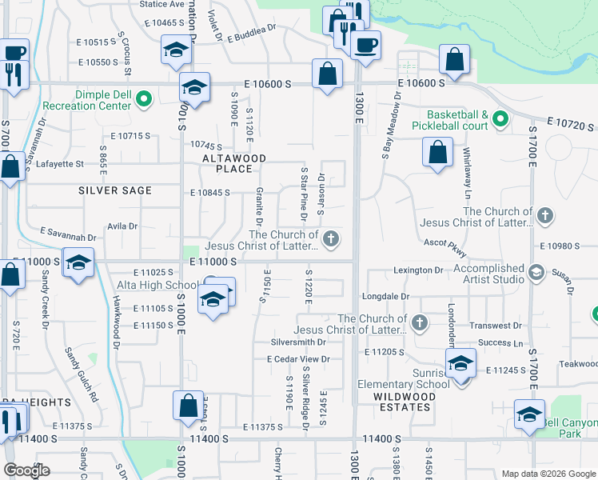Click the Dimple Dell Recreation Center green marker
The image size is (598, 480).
[x=144, y=100]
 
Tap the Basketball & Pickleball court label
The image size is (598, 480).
[x=450, y=120]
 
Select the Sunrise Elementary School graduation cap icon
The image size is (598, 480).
[x=460, y=365]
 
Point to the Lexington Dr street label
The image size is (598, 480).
[x=417, y=270]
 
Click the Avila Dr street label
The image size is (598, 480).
[x=122, y=226]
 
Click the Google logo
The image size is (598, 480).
[x=26, y=470]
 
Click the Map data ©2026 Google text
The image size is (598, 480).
[x=548, y=473]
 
